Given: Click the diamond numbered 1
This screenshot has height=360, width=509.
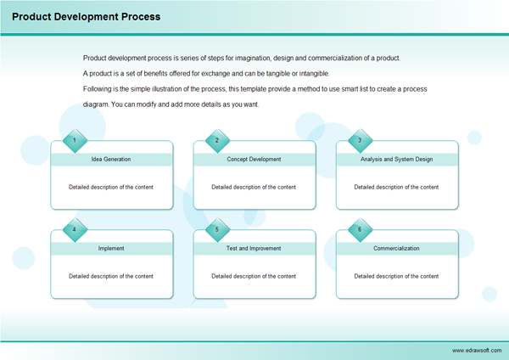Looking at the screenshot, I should click(x=75, y=140).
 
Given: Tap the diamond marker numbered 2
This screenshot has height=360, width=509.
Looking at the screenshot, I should click(x=217, y=140).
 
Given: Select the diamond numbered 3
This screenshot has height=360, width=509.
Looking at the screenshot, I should click(x=360, y=140).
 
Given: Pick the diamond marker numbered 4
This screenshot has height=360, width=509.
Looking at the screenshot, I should click(x=75, y=229).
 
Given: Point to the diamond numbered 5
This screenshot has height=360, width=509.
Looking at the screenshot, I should click(x=217, y=229).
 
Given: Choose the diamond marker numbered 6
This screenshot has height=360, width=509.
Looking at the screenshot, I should click(x=360, y=229).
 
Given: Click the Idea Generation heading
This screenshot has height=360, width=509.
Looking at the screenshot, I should click(x=111, y=160).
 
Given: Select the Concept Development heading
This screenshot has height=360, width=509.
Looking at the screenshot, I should click(x=254, y=160).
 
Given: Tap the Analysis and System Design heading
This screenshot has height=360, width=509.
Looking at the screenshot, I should click(x=396, y=160).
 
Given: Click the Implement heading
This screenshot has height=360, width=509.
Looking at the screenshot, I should click(x=111, y=249).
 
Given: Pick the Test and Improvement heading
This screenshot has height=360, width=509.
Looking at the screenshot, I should click(x=254, y=249).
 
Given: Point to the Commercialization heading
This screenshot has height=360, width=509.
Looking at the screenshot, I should click(x=396, y=249).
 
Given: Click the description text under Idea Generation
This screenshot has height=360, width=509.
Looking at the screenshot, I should click(x=111, y=187).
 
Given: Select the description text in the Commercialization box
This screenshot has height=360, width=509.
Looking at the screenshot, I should click(x=396, y=276).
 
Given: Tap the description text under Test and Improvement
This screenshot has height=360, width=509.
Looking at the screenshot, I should click(x=254, y=276).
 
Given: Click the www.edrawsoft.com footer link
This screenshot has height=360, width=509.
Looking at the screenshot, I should click(x=477, y=350).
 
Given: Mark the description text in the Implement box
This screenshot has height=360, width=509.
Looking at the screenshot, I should click(x=111, y=276).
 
